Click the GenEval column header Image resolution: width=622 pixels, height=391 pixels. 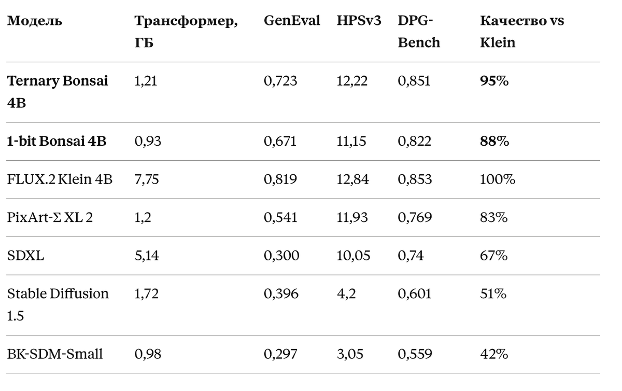pos(292,21)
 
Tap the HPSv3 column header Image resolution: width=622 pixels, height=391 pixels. pos(359,21)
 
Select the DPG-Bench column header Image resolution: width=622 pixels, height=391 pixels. pos(419,32)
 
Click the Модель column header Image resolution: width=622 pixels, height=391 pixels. pos(35,21)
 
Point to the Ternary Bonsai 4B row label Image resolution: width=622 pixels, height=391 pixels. pos(58,92)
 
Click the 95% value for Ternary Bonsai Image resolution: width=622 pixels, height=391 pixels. pos(494,81)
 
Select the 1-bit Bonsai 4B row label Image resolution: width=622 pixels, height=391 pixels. pos(56,141)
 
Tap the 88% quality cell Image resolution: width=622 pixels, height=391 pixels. pos(494,141)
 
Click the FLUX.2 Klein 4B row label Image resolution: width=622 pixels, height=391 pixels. pos(60,179)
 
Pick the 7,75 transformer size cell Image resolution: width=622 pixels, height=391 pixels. pos(147,179)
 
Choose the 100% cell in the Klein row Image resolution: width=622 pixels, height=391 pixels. pos(498,179)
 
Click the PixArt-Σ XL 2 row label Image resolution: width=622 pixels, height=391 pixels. pos(50,217)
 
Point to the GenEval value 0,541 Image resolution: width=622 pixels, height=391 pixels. pos(280,218)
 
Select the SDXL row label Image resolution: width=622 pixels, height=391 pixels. pos(25,255)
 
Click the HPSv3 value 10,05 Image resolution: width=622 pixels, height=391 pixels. pos(353,256)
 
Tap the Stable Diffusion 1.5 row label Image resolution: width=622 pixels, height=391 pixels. pos(58,304)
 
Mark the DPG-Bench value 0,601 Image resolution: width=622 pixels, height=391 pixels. pos(415,294)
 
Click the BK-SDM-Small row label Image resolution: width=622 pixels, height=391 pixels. pos(55,354)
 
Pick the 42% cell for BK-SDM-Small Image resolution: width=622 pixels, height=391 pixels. pos(494,354)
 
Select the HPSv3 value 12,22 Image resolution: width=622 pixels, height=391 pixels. pos(352,81)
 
